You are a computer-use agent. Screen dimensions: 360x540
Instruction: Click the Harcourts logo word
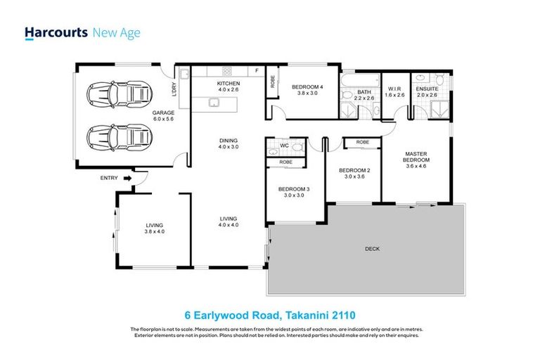(x=56, y=32)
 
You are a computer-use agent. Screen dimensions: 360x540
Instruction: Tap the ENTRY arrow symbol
(x=127, y=179)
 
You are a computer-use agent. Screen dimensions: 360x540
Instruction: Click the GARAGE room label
(x=163, y=112)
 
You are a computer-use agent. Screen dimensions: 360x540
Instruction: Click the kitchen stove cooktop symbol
(x=228, y=70)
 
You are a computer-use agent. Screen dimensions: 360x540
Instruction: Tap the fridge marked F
(x=257, y=70)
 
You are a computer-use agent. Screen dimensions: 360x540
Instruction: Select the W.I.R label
(x=394, y=89)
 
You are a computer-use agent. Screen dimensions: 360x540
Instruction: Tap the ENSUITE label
(x=426, y=89)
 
